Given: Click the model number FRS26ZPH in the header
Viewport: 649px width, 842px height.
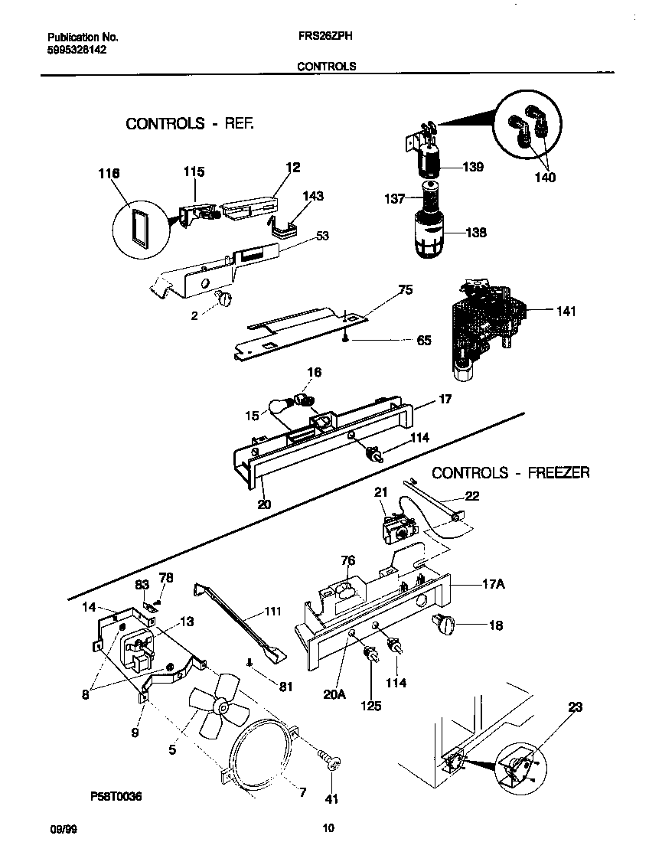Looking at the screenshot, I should (x=326, y=36).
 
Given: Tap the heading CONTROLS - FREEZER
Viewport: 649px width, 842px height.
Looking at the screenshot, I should (x=510, y=473).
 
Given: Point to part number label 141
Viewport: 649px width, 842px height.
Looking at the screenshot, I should (x=567, y=312).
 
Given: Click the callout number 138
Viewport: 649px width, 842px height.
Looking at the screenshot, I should (x=475, y=233).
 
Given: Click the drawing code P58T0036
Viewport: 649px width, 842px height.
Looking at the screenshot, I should (x=116, y=797).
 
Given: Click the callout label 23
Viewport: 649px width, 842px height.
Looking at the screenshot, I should (x=575, y=708).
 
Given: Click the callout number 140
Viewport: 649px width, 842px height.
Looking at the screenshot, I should (x=545, y=178).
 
